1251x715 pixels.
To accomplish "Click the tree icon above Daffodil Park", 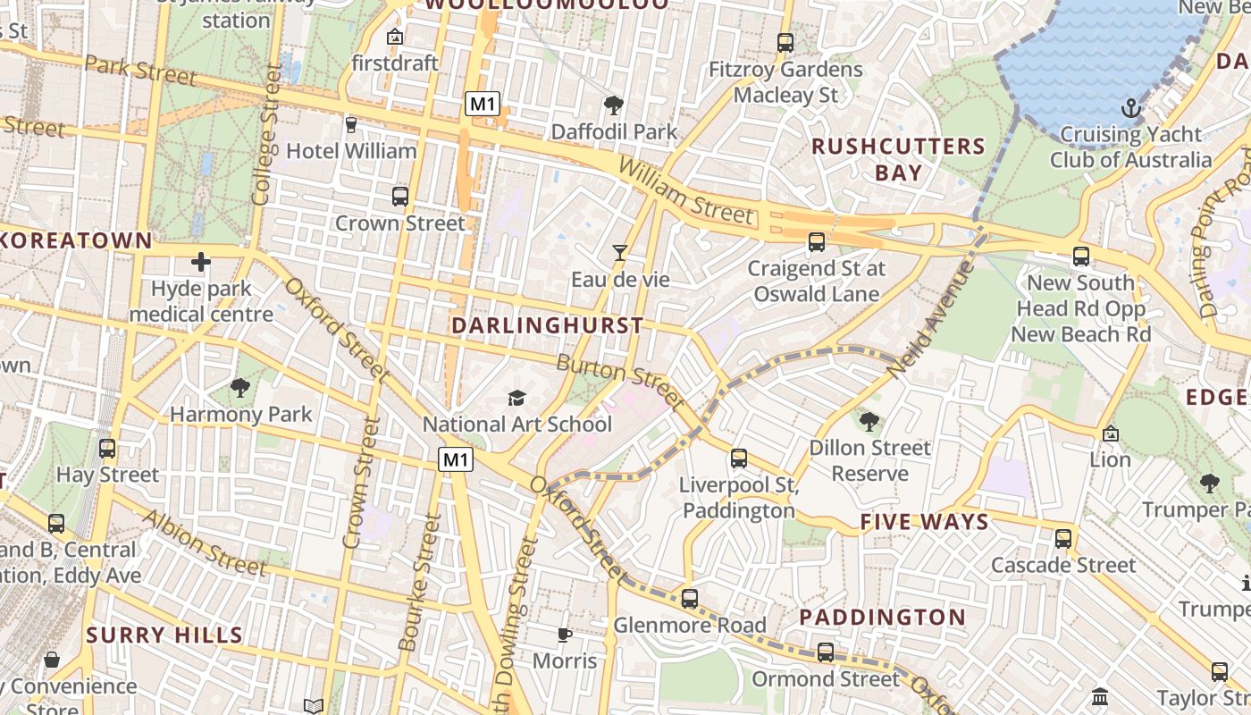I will point(613,105).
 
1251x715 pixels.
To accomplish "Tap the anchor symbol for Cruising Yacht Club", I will point(1131,109).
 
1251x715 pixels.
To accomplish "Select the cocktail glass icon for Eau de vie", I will point(619,253).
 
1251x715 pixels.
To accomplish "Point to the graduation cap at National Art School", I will point(516,398).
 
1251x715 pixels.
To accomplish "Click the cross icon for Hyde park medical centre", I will point(201,262).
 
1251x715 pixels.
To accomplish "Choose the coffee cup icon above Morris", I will point(564,635).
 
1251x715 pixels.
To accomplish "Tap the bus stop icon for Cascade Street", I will point(1062,538).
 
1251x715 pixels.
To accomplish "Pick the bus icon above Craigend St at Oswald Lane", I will point(816,241).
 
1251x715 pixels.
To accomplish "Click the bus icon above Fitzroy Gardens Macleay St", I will point(785,42).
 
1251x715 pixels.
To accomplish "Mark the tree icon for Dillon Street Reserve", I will point(869,421).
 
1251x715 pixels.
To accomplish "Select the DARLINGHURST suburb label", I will point(547,325).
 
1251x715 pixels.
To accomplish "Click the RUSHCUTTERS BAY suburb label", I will point(898,159).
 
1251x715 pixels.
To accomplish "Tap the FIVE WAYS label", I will point(924,522).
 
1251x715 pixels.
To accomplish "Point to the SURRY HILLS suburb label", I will point(164,635).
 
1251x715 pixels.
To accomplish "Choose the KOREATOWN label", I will point(77,240).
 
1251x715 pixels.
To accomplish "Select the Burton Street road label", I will point(620,379).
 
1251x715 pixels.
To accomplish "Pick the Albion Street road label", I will point(205,543).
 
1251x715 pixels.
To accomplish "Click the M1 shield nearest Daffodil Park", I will point(482,104).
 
